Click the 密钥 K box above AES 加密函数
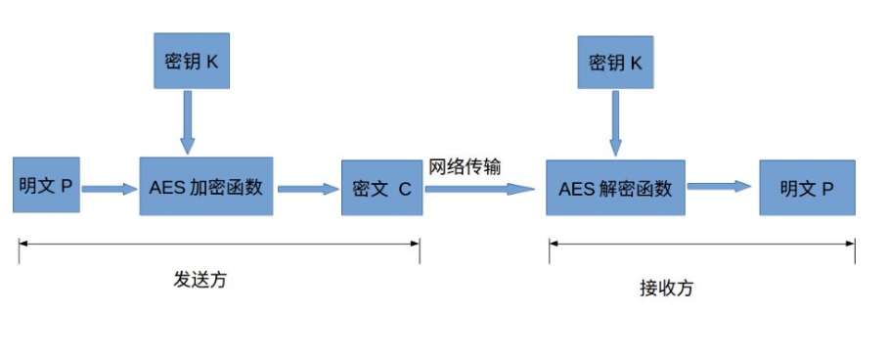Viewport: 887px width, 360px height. [x=191, y=61]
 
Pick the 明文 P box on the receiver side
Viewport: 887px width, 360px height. [x=807, y=187]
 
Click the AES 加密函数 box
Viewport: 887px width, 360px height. [x=205, y=186]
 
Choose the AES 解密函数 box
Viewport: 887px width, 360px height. [x=615, y=187]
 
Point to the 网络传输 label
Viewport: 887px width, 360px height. [x=465, y=166]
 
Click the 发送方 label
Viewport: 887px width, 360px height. [x=200, y=280]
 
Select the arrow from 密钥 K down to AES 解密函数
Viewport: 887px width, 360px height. [x=615, y=123]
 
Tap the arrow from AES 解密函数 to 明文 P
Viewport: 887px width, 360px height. [x=724, y=186]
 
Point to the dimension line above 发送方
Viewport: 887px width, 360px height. [x=219, y=242]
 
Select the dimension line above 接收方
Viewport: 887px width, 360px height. [x=701, y=244]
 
